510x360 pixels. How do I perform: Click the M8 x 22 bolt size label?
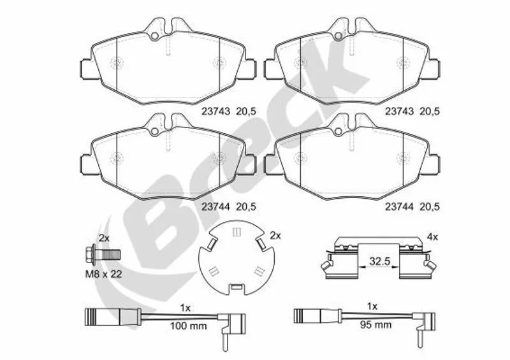click(x=103, y=274)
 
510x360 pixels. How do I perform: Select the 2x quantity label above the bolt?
click(x=104, y=238)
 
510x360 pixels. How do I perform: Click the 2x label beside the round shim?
click(x=275, y=236)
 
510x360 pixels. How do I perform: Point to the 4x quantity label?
click(x=433, y=237)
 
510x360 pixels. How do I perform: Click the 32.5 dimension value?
click(x=379, y=261)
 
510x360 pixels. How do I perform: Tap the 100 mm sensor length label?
click(x=189, y=326)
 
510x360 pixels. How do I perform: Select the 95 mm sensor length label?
click(x=375, y=324)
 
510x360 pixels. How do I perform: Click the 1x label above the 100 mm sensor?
click(x=186, y=308)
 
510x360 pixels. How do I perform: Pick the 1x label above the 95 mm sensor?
click(x=372, y=306)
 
